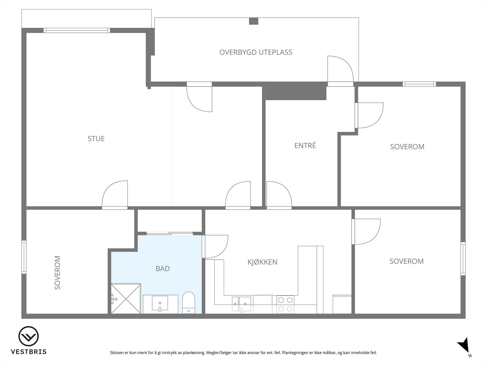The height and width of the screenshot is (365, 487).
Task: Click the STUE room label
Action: coord(96,139)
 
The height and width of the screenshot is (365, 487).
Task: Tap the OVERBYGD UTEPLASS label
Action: coord(256,52)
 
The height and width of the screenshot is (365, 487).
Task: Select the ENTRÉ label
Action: coord(305,145)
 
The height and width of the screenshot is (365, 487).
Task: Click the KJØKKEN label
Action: coord(262,262)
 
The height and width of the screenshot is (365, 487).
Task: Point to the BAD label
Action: coord(163,269)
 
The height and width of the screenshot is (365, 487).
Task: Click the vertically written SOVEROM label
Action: coord(58,273)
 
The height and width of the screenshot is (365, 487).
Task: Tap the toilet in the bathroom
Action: coord(189,303)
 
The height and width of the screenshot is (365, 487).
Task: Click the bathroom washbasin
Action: coord(160,303)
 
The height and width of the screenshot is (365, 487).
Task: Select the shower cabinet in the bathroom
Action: coord(126,298)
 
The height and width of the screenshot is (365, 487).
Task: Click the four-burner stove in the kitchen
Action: coord(285,304)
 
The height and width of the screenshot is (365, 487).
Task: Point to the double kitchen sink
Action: coord(241,304)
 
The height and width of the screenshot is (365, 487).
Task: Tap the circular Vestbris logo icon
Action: coord(28,336)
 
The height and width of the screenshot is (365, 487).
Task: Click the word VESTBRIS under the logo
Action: coord(29,352)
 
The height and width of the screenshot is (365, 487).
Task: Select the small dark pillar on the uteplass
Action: coord(254,21)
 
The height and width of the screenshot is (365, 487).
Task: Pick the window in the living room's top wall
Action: coord(77,30)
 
